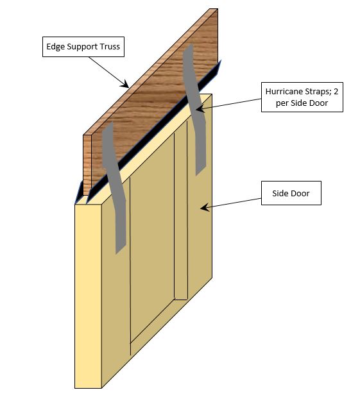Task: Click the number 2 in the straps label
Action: click(334, 92)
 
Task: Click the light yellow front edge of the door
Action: click(88, 295)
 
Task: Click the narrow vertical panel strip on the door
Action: click(181, 218)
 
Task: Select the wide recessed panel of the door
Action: click(152, 257)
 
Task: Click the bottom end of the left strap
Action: click(119, 247)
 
